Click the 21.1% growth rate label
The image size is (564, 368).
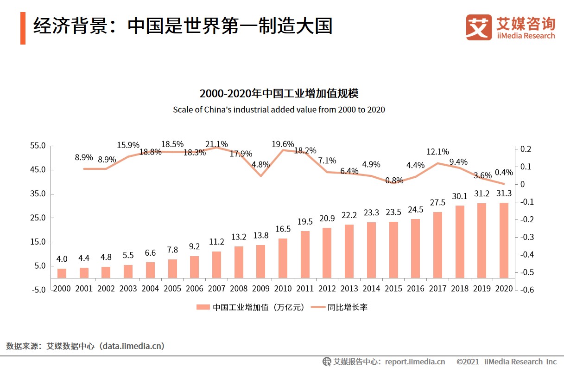pyautogui.click(x=217, y=144)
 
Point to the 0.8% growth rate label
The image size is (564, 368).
pyautogui.click(x=394, y=181)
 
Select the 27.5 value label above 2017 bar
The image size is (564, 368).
pyautogui.click(x=437, y=203)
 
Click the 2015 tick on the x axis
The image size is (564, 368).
pyautogui.click(x=393, y=289)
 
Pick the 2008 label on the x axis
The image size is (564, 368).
pyautogui.click(x=239, y=289)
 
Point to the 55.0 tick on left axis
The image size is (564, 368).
pyautogui.click(x=38, y=146)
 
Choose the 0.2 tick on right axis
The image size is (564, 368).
pyautogui.click(x=526, y=149)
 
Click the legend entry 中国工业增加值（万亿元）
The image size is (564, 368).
pyautogui.click(x=250, y=307)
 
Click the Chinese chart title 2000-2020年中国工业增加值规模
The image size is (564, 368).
pyautogui.click(x=279, y=93)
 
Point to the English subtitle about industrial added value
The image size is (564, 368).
pyautogui.click(x=279, y=110)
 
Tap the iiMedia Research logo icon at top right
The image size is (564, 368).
pyautogui.click(x=479, y=27)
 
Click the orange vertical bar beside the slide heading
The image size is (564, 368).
pyautogui.click(x=23, y=28)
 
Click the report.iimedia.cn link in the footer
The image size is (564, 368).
pyautogui.click(x=414, y=362)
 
